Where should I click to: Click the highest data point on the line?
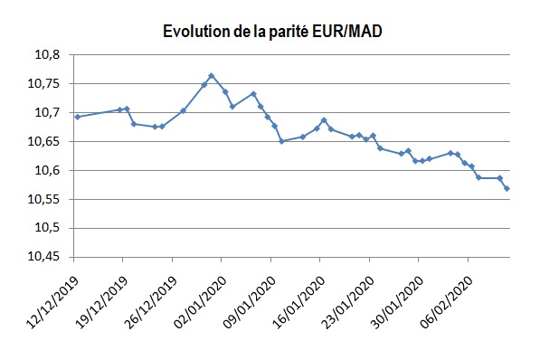(211, 76)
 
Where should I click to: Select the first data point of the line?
(77, 117)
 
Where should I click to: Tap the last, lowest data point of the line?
(507, 188)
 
